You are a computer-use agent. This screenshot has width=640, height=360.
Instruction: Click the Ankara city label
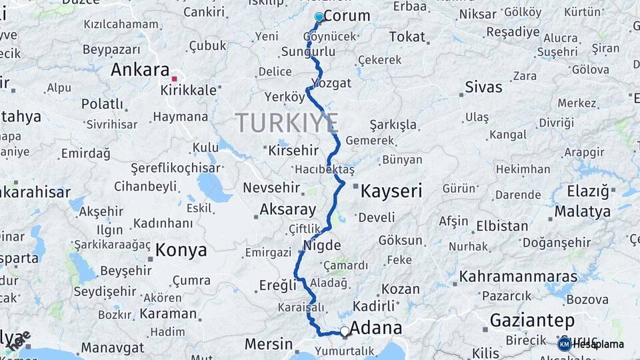[140, 69]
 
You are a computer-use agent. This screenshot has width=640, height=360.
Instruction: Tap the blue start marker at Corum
[319, 17]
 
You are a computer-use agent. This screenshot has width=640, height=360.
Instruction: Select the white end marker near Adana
[345, 331]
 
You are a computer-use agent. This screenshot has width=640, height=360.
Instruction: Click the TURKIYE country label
[286, 123]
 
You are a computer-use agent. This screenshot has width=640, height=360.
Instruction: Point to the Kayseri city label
[391, 191]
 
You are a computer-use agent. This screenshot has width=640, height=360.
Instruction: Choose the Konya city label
[181, 250]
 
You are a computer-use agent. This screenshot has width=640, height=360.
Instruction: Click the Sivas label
[483, 87]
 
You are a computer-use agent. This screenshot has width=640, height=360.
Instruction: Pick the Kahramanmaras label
[518, 275]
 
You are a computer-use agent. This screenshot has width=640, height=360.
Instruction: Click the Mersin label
[268, 344]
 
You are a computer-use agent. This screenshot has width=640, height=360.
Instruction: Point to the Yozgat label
[331, 83]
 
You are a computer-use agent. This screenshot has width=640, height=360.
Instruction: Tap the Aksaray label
[287, 209]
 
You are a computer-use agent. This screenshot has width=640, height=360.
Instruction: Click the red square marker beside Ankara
[175, 79]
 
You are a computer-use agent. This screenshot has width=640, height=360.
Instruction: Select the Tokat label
[407, 37]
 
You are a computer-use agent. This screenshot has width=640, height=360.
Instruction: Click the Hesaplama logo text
[598, 344]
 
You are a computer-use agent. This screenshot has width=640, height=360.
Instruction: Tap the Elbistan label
[502, 225]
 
